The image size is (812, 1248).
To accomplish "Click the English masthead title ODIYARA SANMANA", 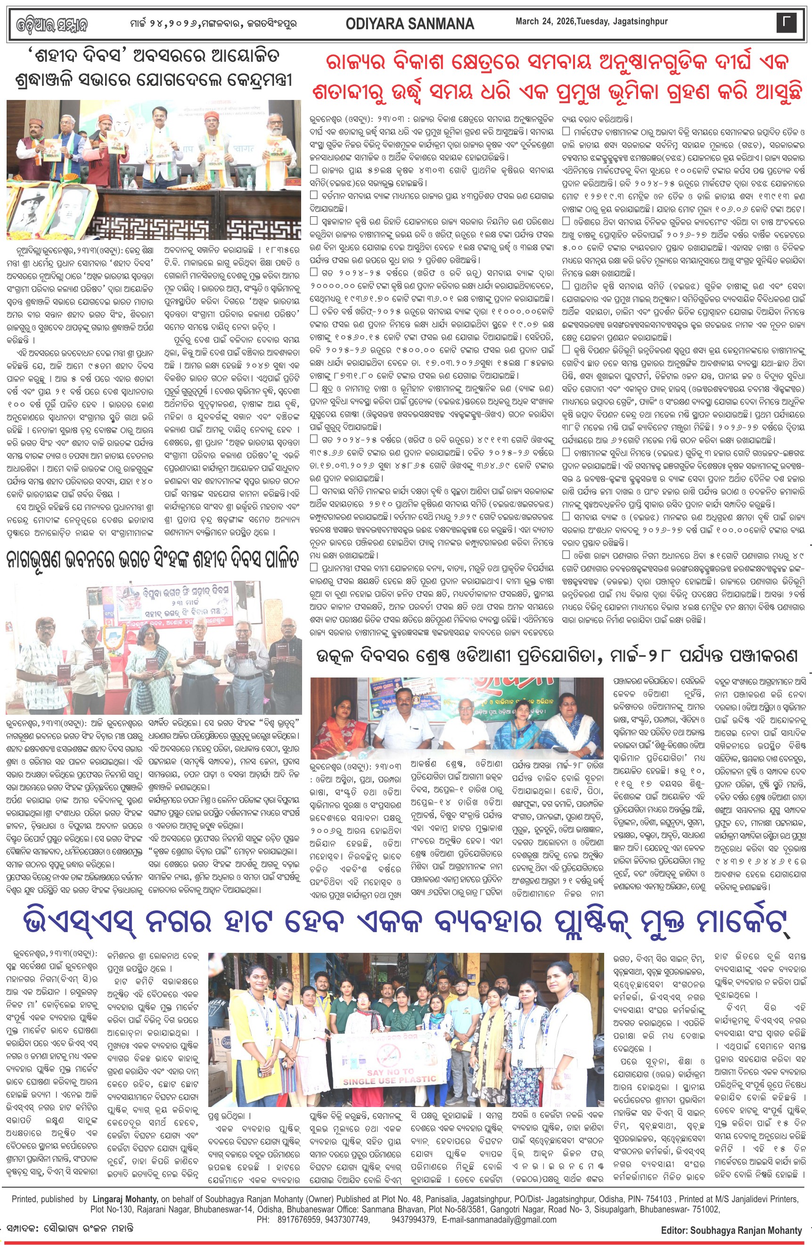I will [410, 24].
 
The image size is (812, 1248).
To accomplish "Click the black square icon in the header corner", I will [786, 23].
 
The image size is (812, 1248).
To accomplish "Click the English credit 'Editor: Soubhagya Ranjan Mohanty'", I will [731, 1230].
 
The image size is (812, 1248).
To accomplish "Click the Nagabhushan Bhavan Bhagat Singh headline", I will [153, 560].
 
